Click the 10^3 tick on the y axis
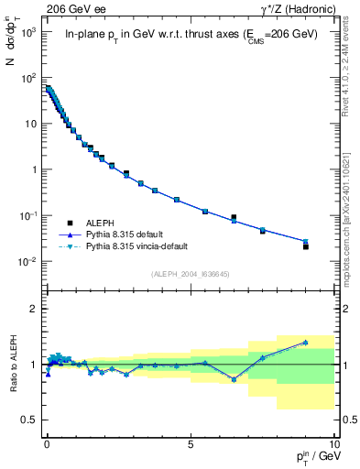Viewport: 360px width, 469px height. pyautogui.click(x=27, y=31)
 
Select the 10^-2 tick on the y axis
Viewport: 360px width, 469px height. pyautogui.click(x=27, y=262)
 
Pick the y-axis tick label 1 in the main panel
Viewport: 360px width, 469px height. pyautogui.click(x=33, y=169)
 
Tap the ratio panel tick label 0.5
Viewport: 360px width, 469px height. pyautogui.click(x=27, y=420)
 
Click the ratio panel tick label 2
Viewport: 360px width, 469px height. pyautogui.click(x=33, y=309)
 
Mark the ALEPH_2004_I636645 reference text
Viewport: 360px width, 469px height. pyautogui.click(x=190, y=274)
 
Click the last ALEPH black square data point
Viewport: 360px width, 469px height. pyautogui.click(x=306, y=246)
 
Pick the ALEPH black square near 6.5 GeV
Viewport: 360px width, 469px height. pyautogui.click(x=234, y=217)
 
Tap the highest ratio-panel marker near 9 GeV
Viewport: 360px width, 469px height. pyautogui.click(x=306, y=343)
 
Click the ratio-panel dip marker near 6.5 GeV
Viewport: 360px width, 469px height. pyautogui.click(x=234, y=379)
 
